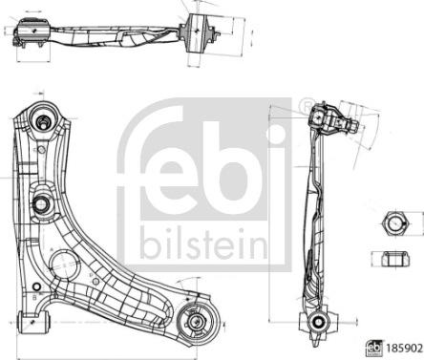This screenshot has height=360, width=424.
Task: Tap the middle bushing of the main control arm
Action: point(42,203)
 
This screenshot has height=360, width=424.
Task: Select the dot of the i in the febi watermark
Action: point(276,126)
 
